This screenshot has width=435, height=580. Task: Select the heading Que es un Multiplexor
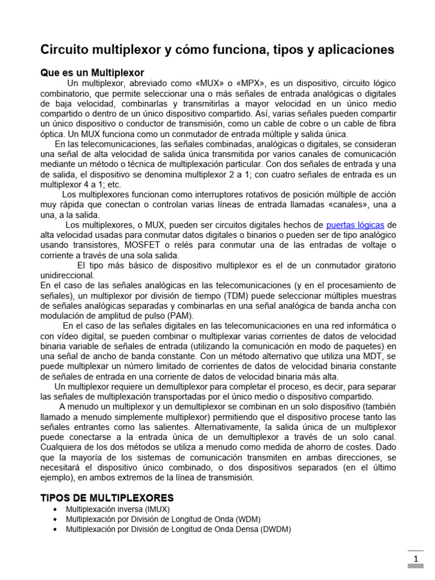tap(92, 72)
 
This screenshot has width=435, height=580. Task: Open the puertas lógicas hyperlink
tap(355, 225)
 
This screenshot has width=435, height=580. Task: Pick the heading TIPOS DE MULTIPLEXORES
tap(107, 498)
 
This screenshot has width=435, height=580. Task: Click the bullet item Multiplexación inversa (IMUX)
tap(117, 509)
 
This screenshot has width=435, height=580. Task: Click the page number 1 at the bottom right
tap(415, 560)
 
